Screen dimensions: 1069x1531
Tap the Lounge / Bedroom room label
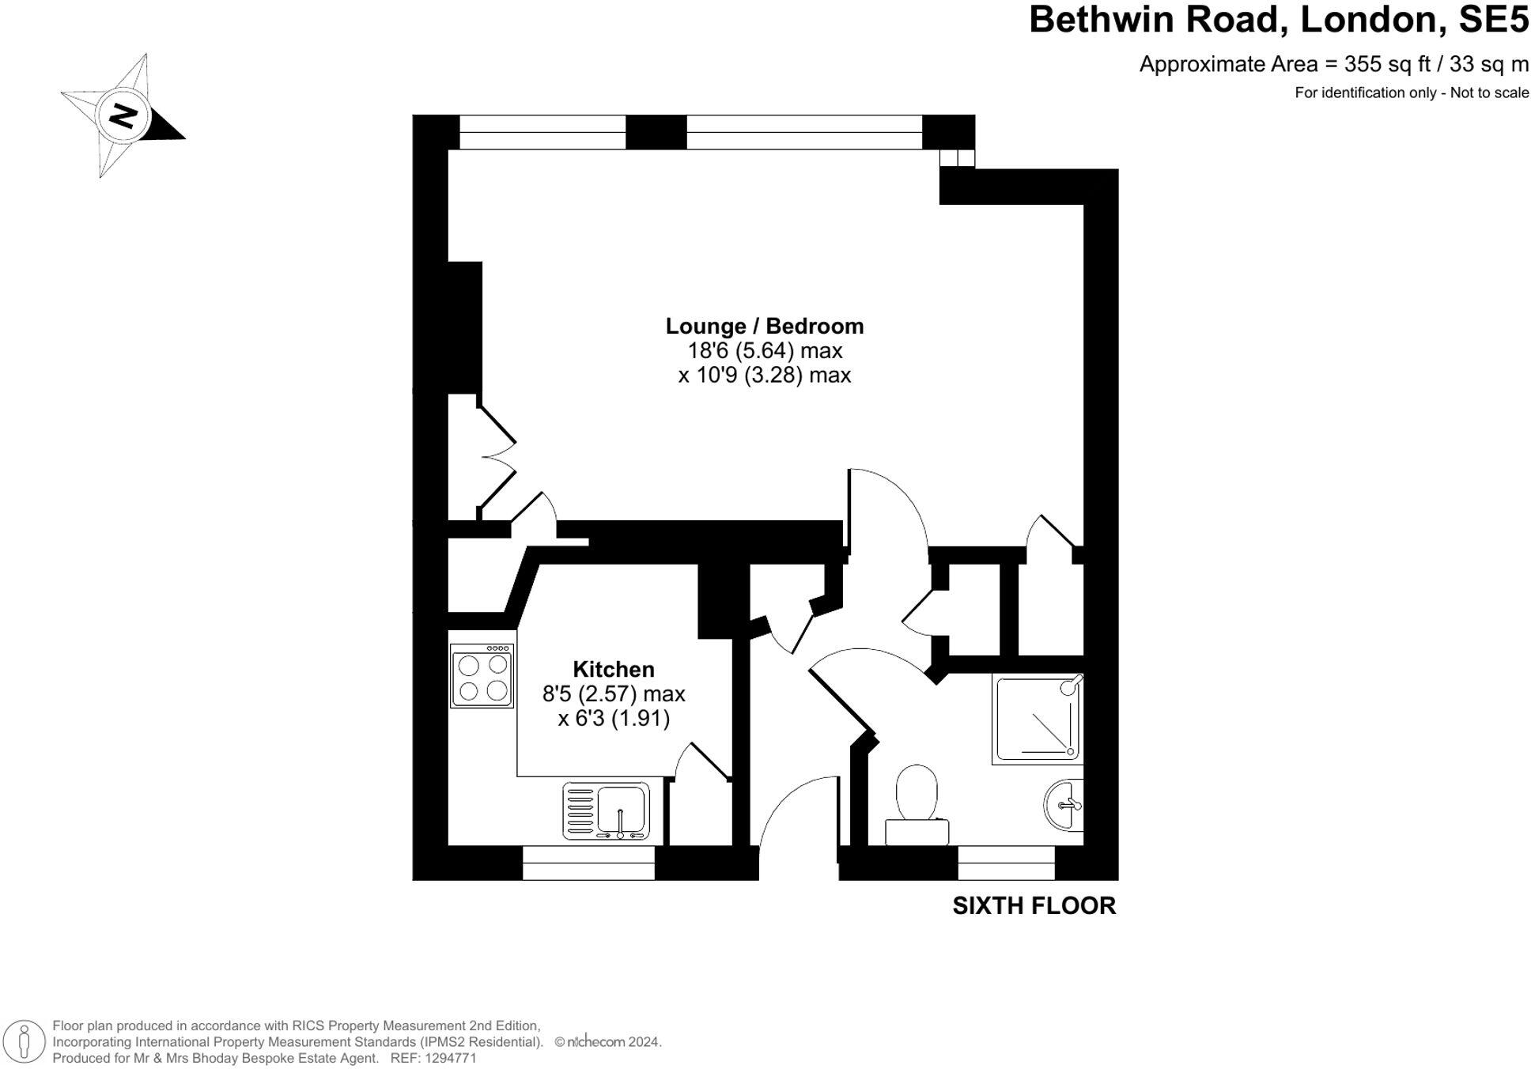[x=764, y=326]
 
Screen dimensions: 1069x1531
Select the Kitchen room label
[x=613, y=669]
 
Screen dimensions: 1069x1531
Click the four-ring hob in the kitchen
[x=482, y=677]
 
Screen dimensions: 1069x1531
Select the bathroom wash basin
[x=1064, y=805]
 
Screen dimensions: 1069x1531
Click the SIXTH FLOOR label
[x=1034, y=905]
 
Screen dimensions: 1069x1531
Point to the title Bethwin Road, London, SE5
[x=1278, y=20]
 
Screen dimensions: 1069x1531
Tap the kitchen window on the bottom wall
[x=588, y=863]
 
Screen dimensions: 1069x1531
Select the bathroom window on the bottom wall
[x=1006, y=863]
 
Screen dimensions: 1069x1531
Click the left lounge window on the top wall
[x=542, y=132]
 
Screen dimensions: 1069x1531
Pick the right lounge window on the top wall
[x=804, y=132]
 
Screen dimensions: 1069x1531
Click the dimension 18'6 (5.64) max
[x=764, y=350]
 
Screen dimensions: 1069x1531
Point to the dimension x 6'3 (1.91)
[x=614, y=718]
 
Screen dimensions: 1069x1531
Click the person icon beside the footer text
[x=25, y=1041]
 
